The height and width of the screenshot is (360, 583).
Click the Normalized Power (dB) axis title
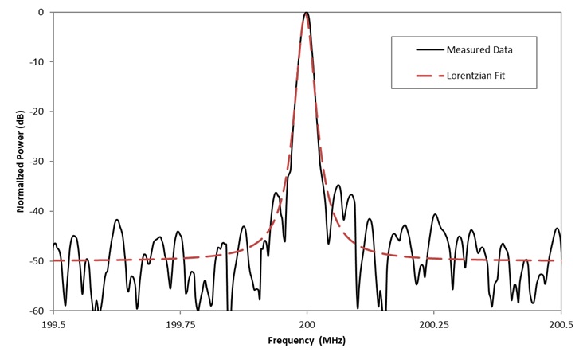(x=20, y=161)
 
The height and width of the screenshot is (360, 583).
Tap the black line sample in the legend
(x=430, y=49)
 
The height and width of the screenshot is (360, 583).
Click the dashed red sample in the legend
(x=430, y=77)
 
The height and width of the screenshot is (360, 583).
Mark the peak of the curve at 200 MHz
(x=307, y=13)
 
